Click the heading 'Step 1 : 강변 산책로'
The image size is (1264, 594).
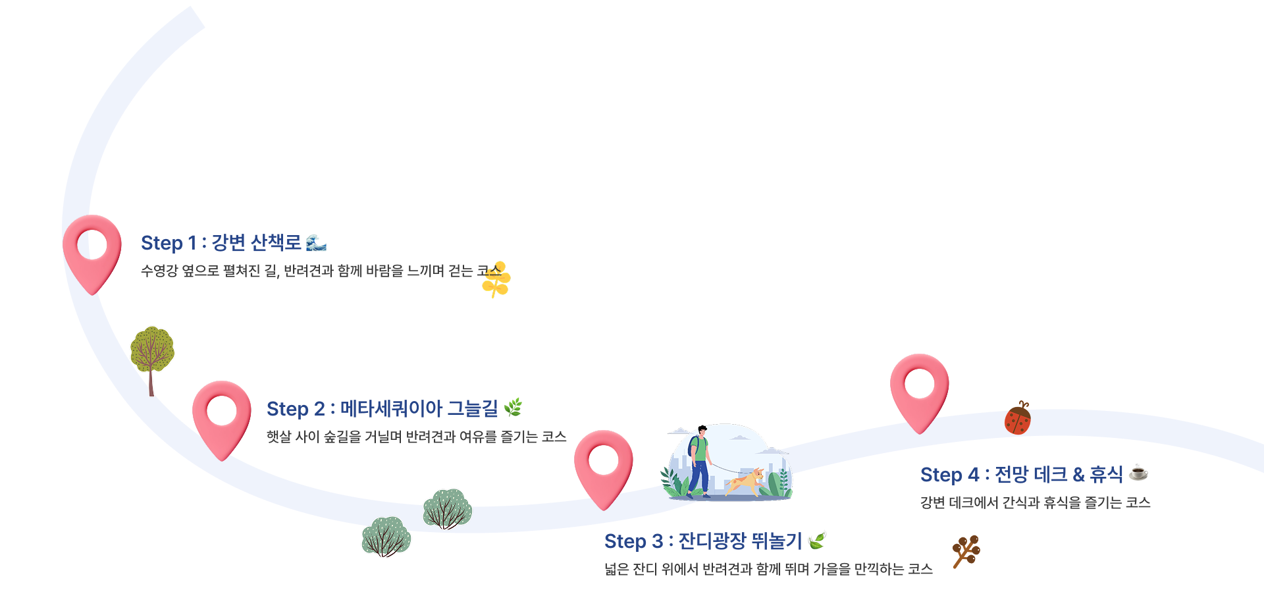click(221, 243)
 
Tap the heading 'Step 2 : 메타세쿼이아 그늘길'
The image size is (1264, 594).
click(382, 409)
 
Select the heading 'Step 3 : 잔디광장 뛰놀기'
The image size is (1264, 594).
click(702, 541)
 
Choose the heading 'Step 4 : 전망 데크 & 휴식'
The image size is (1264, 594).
click(1021, 475)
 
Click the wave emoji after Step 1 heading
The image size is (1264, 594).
click(317, 243)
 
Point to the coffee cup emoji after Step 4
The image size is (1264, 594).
click(1138, 473)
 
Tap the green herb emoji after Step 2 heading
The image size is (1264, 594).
click(513, 408)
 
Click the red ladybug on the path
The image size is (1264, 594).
click(1018, 419)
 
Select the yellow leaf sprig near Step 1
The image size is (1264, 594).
click(496, 279)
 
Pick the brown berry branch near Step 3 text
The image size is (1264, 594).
click(966, 551)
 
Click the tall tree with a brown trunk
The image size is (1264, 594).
click(152, 356)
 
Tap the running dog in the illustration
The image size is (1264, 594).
click(746, 482)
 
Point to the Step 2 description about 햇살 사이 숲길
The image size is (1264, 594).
click(416, 437)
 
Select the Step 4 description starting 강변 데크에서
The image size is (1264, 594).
click(1035, 502)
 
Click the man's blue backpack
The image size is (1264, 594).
click(693, 446)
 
